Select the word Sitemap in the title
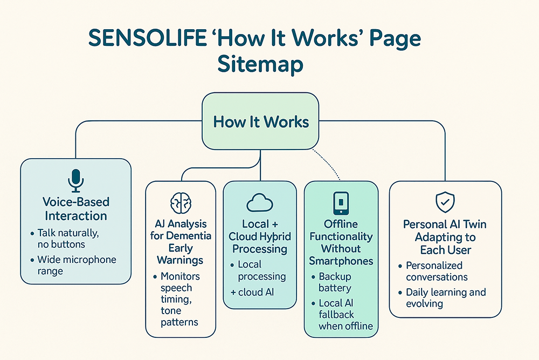point(260,65)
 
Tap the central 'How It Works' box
point(261,121)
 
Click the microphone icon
point(76,180)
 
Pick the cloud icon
point(260,202)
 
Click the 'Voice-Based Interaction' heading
point(76,209)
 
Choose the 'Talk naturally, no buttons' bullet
point(69,239)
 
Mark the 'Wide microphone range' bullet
point(76,265)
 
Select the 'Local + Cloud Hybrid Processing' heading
point(259,236)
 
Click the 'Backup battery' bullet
point(334,282)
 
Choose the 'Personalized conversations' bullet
point(437,271)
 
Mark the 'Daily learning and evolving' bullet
point(445,298)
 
